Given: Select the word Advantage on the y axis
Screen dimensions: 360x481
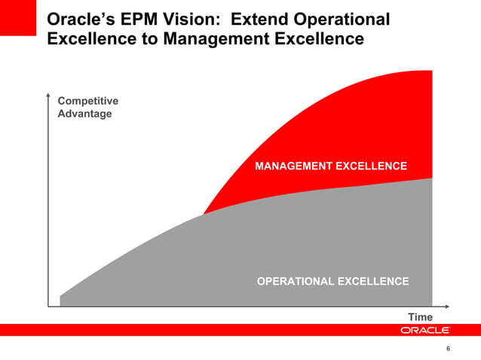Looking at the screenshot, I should coord(84,114).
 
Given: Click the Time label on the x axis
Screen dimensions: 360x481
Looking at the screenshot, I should coord(420,318).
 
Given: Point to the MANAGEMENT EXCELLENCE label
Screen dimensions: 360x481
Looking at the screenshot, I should coord(331,166).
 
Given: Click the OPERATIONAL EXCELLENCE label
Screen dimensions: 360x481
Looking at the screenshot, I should coord(332,282).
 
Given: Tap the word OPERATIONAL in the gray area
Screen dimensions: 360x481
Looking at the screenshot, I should coord(296,282).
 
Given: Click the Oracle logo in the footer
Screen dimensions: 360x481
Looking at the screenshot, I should coord(424,330).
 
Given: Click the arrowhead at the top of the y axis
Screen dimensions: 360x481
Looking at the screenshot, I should coord(47,96).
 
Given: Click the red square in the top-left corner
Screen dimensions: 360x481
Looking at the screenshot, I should coord(18,17).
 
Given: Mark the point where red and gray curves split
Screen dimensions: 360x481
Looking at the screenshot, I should coord(204,214).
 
